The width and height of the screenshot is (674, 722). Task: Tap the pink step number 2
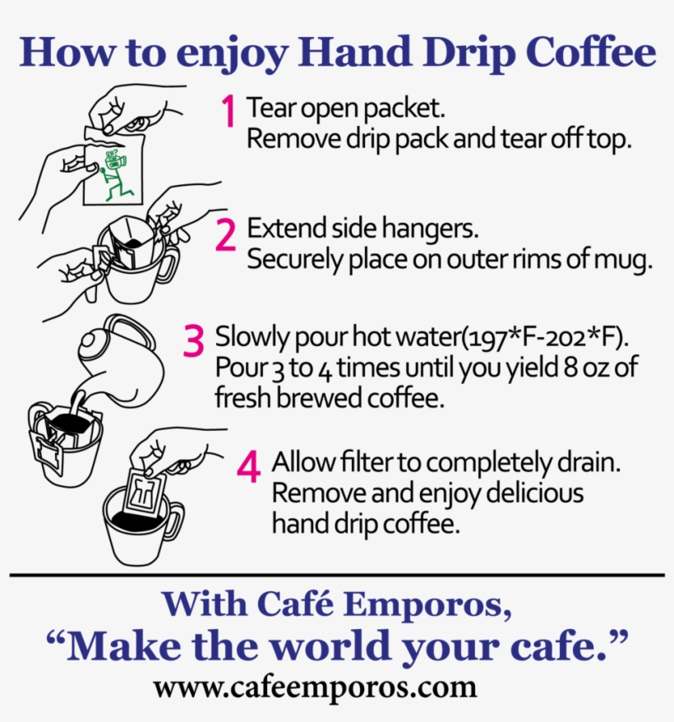225,234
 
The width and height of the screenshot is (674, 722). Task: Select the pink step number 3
193,341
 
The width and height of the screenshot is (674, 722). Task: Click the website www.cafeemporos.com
315,687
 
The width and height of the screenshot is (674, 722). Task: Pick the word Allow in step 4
298,462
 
